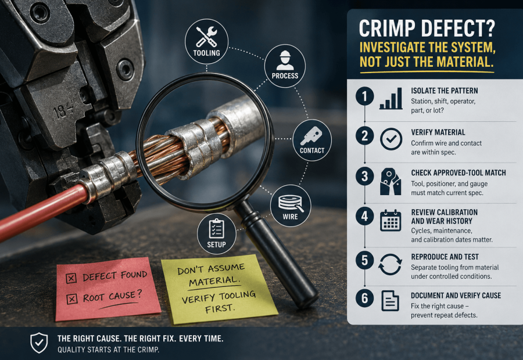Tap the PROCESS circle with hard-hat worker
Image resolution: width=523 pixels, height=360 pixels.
(285, 66)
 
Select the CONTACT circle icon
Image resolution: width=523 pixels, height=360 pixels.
(312, 140)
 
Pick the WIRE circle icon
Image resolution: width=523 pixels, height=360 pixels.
(290, 206)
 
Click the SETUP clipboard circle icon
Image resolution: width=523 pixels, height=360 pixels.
(217, 233)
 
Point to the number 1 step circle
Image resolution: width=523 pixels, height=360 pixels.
(364, 96)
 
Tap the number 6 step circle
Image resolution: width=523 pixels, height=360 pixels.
(364, 298)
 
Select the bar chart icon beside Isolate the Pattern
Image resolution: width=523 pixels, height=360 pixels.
(391, 99)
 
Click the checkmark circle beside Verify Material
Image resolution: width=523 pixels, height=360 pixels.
(391, 139)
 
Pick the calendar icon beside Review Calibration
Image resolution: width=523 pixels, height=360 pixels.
(391, 220)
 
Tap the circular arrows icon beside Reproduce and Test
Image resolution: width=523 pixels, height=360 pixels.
(390, 265)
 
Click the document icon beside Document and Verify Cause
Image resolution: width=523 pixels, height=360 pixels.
(390, 301)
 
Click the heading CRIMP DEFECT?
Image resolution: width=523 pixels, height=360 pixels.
(427, 28)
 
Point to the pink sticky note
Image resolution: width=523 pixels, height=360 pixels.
(108, 289)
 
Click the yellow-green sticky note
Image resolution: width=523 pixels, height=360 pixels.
(218, 289)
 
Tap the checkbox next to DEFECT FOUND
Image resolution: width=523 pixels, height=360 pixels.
(71, 278)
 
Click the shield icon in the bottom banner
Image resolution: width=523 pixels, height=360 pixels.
(39, 343)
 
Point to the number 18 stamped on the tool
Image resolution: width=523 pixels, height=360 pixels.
(60, 112)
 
